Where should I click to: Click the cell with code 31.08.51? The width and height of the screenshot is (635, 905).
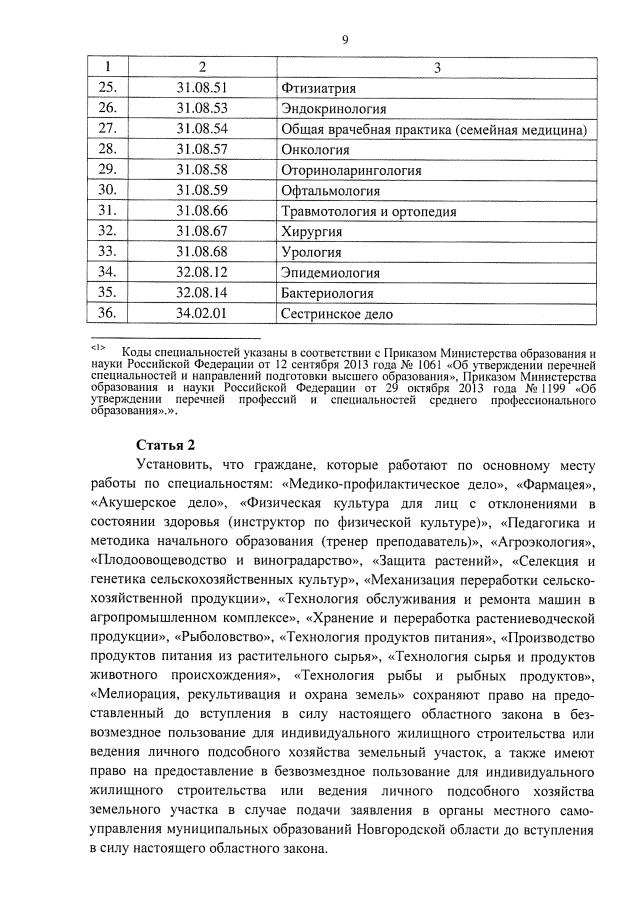202,88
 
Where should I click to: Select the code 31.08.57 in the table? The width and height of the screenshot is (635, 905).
202,149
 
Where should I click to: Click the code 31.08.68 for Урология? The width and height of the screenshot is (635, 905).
202,251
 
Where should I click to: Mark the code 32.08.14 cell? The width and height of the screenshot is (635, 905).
202,293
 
